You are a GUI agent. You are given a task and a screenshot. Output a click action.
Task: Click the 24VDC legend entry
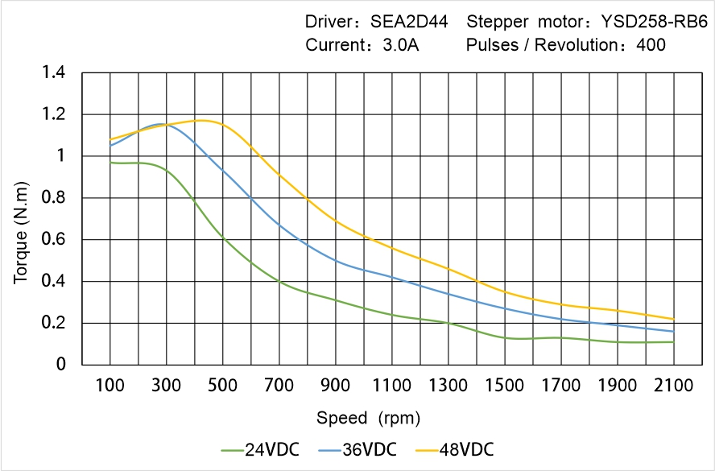pos(261,449)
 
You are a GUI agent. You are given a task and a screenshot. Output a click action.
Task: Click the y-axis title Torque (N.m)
pos(22,219)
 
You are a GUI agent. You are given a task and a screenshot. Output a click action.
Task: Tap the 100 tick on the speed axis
pos(110,386)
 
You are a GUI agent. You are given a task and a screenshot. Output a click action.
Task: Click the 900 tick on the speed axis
pos(336,386)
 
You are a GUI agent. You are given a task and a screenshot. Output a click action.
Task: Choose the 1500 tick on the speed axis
pos(505,386)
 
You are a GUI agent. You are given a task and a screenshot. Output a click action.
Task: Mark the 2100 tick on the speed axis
pos(673,386)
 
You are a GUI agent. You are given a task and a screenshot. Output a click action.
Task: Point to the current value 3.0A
pos(399,45)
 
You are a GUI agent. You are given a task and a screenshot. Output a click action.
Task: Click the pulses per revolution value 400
pos(651,45)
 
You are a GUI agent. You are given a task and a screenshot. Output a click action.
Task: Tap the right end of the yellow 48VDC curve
pos(673,319)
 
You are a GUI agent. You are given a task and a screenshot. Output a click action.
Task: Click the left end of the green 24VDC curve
pos(110,163)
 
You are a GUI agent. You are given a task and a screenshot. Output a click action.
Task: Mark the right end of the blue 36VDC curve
pos(673,331)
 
